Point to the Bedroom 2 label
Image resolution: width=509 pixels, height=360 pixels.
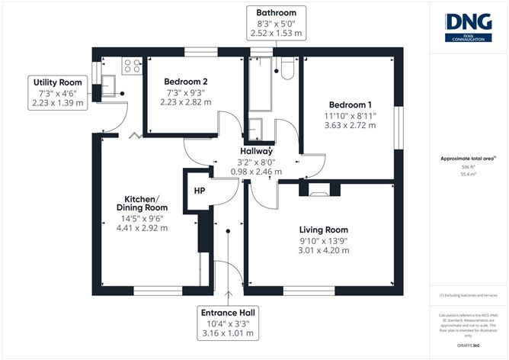pyautogui.click(x=185, y=81)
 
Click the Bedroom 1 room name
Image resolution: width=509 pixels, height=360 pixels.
pyautogui.click(x=350, y=104)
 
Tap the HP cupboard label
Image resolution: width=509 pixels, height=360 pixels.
pyautogui.click(x=200, y=190)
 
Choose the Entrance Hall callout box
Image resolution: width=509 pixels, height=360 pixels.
pyautogui.click(x=228, y=324)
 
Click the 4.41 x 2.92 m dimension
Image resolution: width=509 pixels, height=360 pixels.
pyautogui.click(x=142, y=227)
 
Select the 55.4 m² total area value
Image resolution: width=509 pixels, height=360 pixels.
pyautogui.click(x=468, y=175)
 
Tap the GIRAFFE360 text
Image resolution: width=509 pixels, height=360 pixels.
pyautogui.click(x=468, y=344)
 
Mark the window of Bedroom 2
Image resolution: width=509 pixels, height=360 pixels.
pyautogui.click(x=200, y=53)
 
